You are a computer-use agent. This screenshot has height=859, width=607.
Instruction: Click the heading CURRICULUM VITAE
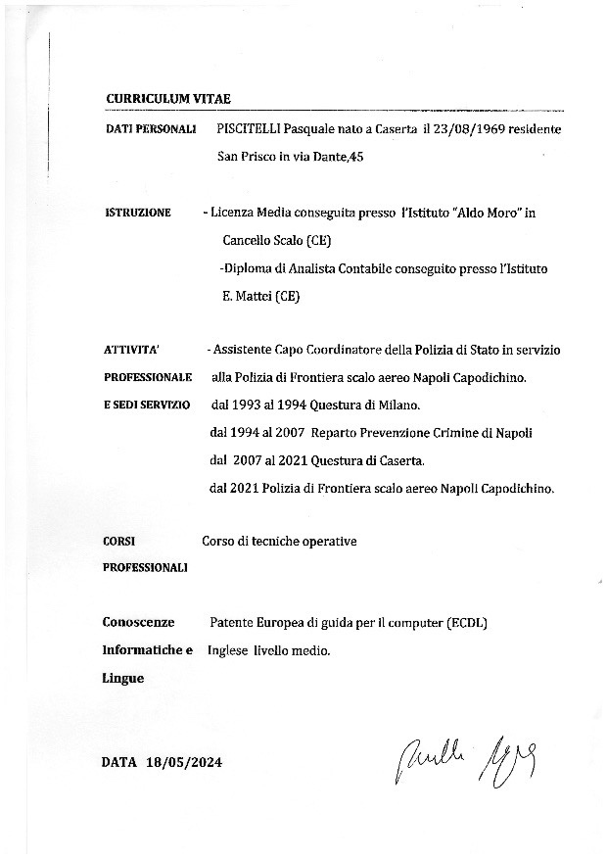167,99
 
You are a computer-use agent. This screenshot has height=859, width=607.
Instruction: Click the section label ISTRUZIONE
137,213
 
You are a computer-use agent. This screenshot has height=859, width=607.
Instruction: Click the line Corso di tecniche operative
279,541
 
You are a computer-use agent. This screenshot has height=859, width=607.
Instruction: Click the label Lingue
122,677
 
